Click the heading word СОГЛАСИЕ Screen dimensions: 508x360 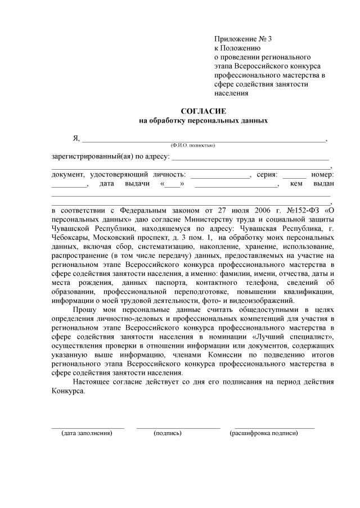[x=203, y=111]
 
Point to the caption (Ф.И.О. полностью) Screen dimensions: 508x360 [x=193, y=146]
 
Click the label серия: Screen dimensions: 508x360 [x=267, y=175]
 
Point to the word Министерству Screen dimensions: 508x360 [x=220, y=220]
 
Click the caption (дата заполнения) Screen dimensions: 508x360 [x=87, y=433]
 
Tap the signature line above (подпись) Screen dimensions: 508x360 [x=178, y=428]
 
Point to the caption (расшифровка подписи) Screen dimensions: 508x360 [x=264, y=433]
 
